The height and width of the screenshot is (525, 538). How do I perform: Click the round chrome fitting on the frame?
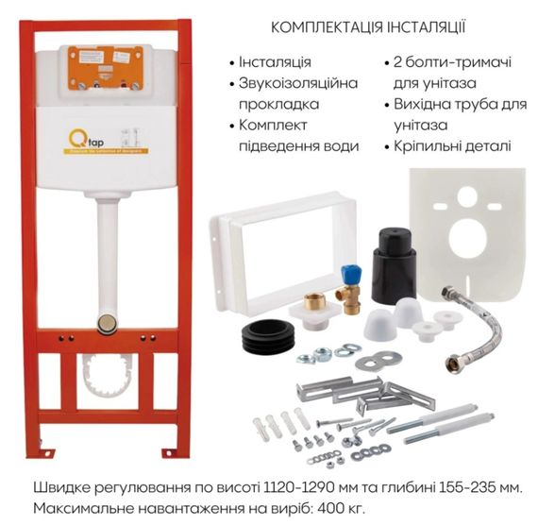point(108,324)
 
